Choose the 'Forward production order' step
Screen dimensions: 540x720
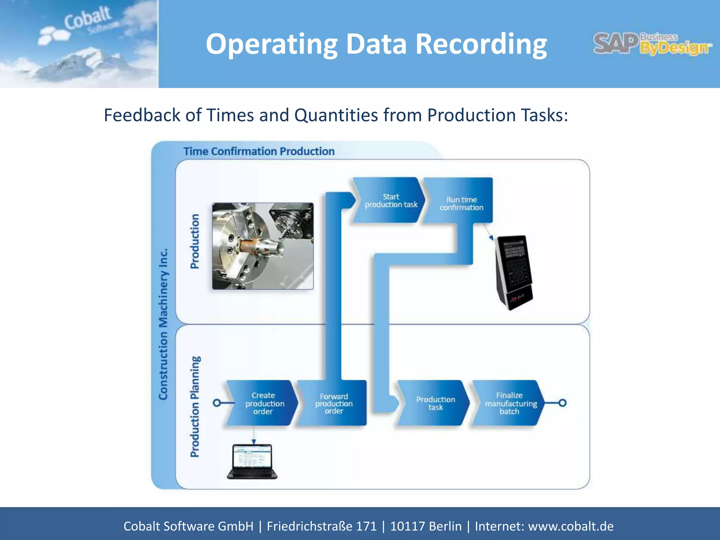[x=333, y=403]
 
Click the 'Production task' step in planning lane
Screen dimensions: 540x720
[x=434, y=403]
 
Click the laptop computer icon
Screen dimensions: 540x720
[x=252, y=461]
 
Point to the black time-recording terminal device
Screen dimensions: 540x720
[x=513, y=272]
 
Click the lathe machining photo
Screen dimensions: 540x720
[x=263, y=246]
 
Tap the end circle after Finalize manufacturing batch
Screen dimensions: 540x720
[x=562, y=403]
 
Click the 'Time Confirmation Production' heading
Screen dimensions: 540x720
[x=259, y=152]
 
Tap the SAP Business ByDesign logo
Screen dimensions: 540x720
[x=652, y=44]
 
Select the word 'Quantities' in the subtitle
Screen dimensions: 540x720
[x=336, y=115]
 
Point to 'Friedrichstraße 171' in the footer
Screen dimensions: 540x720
[x=321, y=526]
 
